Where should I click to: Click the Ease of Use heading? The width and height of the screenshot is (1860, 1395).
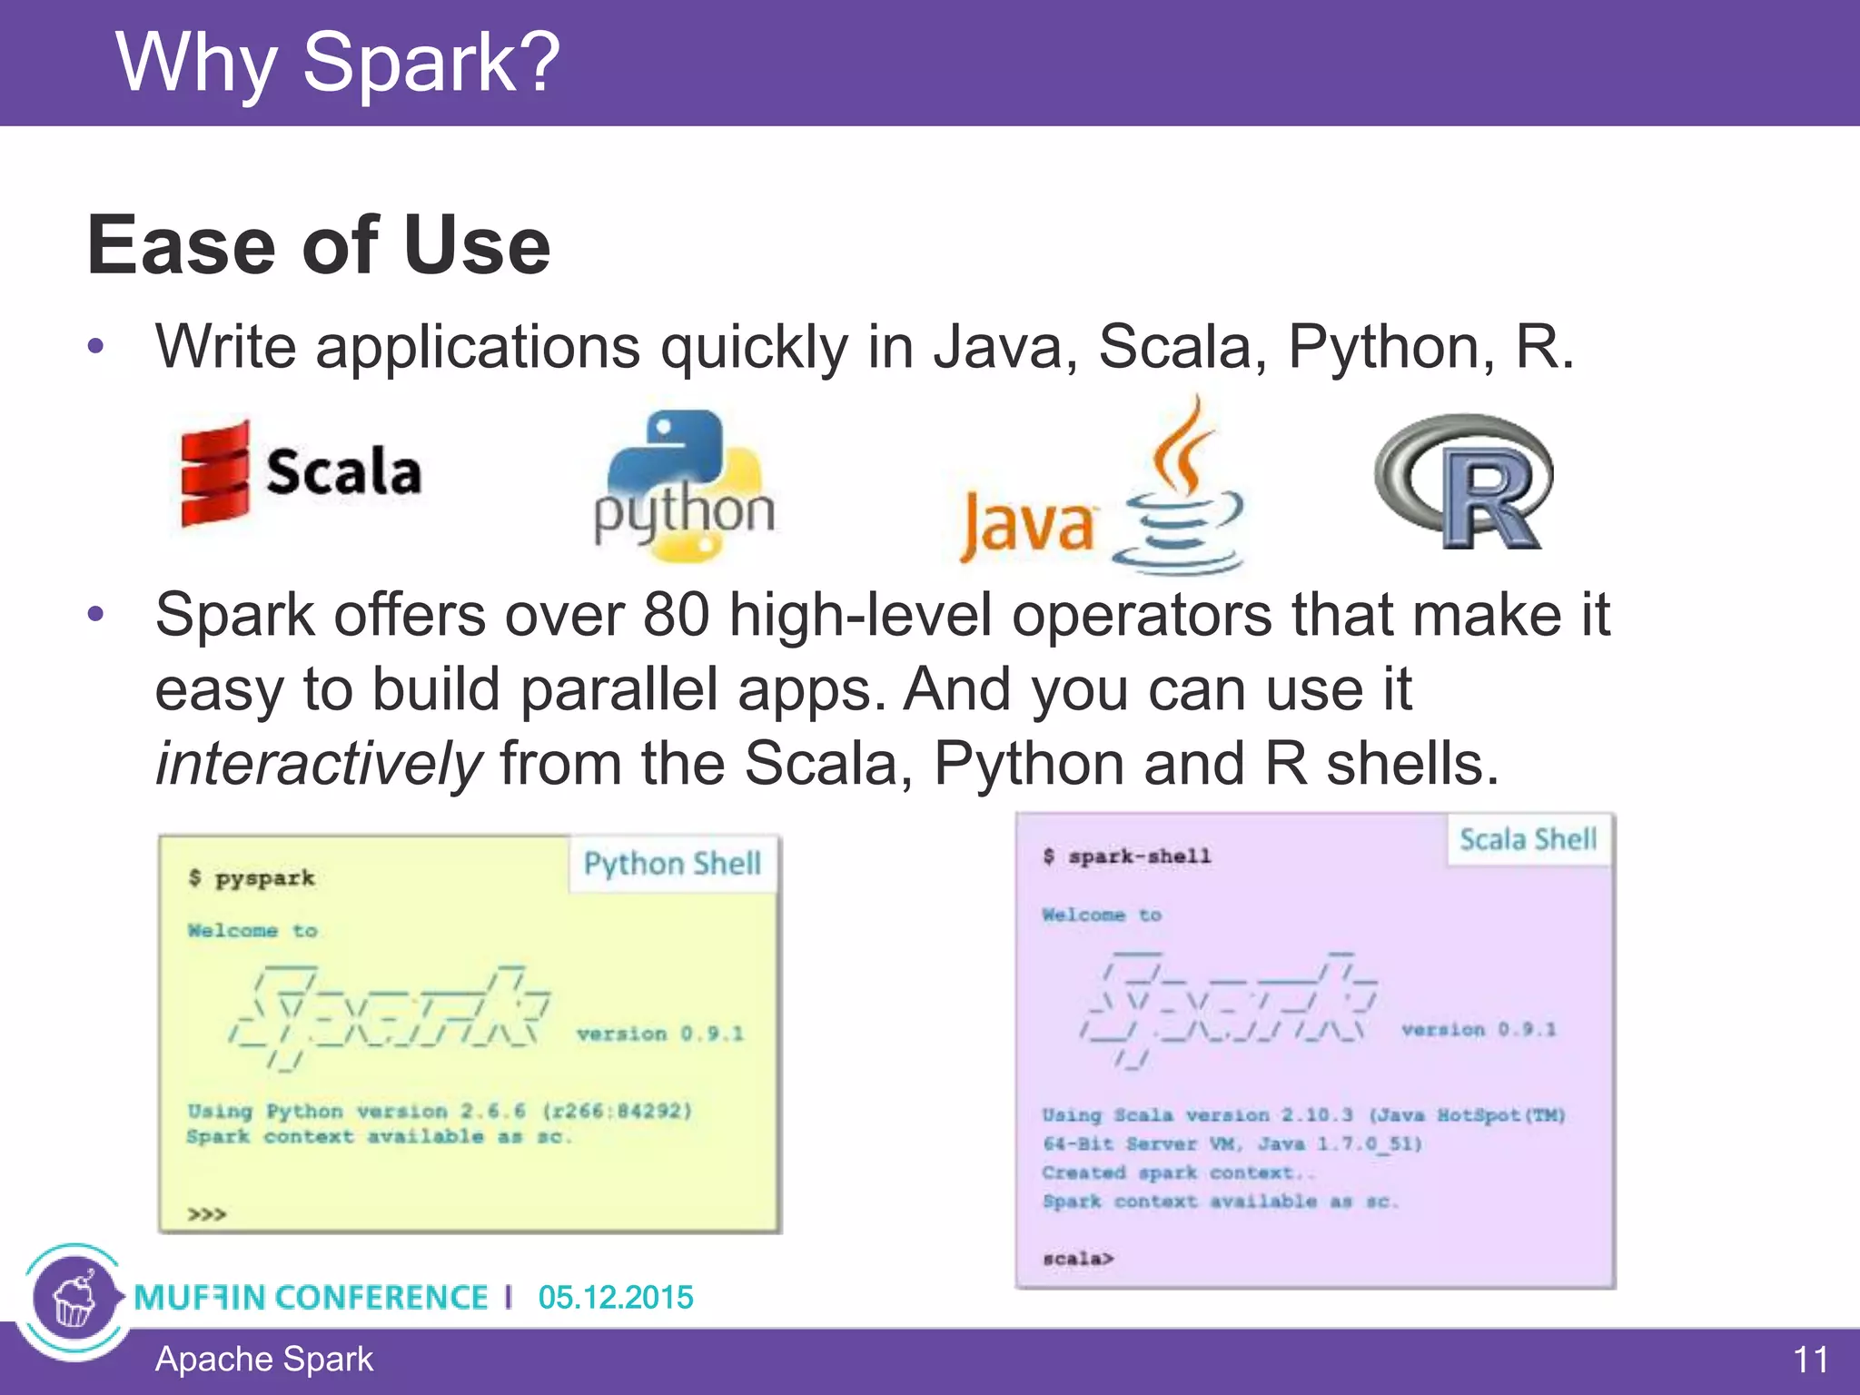318,245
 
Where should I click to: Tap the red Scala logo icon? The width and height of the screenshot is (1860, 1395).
214,473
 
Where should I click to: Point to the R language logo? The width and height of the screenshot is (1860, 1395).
1465,481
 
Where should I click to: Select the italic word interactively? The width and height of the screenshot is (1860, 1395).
318,763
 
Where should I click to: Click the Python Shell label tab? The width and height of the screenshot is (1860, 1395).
672,864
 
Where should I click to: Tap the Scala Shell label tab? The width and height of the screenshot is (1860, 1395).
1528,839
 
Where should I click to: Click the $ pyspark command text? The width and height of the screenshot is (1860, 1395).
252,878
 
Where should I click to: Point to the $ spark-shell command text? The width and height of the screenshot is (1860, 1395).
1127,856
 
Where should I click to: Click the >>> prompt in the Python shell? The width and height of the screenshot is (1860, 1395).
206,1214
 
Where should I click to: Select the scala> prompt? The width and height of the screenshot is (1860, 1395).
1078,1259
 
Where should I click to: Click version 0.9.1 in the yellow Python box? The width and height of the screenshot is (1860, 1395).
660,1034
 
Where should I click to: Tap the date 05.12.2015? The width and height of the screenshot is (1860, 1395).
615,1297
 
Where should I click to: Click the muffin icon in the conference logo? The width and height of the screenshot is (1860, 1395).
74,1300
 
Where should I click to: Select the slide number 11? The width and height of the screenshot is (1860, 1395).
1810,1360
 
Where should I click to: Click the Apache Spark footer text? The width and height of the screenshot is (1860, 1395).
263,1360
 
